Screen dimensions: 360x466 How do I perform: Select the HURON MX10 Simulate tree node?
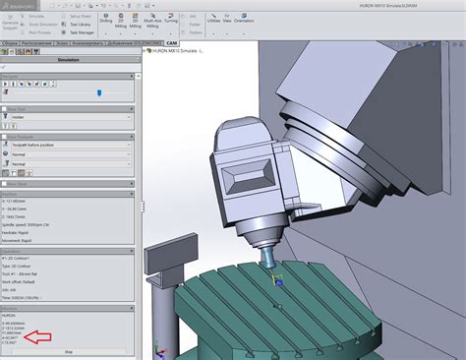coord(182,51)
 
